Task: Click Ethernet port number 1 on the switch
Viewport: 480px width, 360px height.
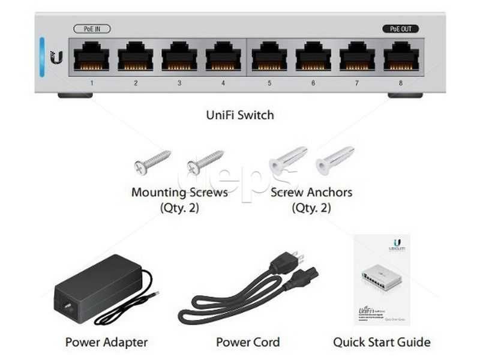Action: click(x=91, y=58)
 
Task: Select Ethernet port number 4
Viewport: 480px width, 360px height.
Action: click(x=223, y=58)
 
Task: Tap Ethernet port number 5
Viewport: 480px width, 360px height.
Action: click(x=269, y=58)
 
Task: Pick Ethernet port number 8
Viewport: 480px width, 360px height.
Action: click(x=401, y=58)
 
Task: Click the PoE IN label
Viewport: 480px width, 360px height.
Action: click(x=92, y=29)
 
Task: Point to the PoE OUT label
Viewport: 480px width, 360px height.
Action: click(x=400, y=29)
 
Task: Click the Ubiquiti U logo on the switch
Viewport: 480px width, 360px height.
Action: click(x=56, y=58)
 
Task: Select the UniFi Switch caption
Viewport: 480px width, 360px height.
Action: click(x=240, y=115)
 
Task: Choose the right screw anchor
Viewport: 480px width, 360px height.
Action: click(x=335, y=160)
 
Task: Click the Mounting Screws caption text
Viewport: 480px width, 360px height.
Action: click(x=179, y=193)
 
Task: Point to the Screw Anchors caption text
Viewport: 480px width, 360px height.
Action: click(x=311, y=193)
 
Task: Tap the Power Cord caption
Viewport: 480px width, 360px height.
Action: click(x=248, y=343)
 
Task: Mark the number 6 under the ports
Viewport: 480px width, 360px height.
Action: click(x=313, y=83)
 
